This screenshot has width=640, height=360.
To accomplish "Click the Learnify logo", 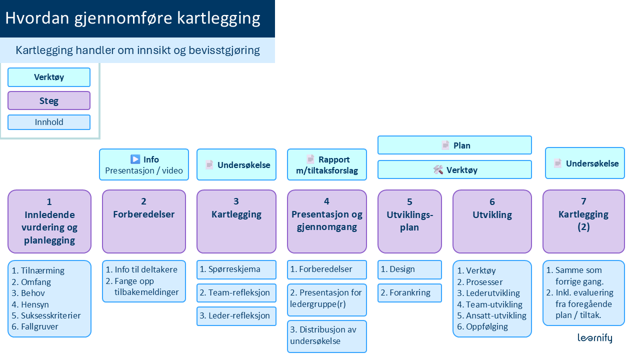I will pyautogui.click(x=594, y=338).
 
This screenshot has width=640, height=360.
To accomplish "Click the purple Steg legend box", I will pyautogui.click(x=49, y=100).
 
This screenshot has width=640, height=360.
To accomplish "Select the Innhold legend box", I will pyautogui.click(x=49, y=122).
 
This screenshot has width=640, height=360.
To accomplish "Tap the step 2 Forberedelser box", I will pyautogui.click(x=143, y=221).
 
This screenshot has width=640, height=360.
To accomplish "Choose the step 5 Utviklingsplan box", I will pyautogui.click(x=409, y=221).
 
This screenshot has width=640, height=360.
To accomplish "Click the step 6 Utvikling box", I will pyautogui.click(x=492, y=221).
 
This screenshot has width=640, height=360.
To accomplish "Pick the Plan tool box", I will pyautogui.click(x=454, y=145).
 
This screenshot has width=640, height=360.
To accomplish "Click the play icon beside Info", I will pyautogui.click(x=135, y=159).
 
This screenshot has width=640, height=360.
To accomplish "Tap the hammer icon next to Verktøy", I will pyautogui.click(x=438, y=170).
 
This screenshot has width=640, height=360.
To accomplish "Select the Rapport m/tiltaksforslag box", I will pyautogui.click(x=326, y=164).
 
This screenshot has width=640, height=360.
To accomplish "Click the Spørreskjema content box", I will pyautogui.click(x=236, y=269).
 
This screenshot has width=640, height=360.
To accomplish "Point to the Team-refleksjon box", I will pyautogui.click(x=236, y=292).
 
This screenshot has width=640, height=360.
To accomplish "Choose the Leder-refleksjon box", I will pyautogui.click(x=236, y=316).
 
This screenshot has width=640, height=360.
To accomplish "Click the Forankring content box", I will pyautogui.click(x=409, y=293).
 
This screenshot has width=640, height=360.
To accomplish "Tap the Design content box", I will pyautogui.click(x=409, y=269).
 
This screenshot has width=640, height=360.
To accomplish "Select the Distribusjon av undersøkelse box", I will pyautogui.click(x=326, y=336).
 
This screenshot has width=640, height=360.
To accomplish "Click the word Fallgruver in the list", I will pyautogui.click(x=39, y=326).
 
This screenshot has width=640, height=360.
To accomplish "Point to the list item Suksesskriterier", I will pyautogui.click(x=50, y=315).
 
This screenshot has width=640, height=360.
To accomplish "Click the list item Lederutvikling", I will pyautogui.click(x=492, y=293).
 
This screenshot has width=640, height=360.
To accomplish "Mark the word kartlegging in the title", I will pyautogui.click(x=218, y=18).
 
